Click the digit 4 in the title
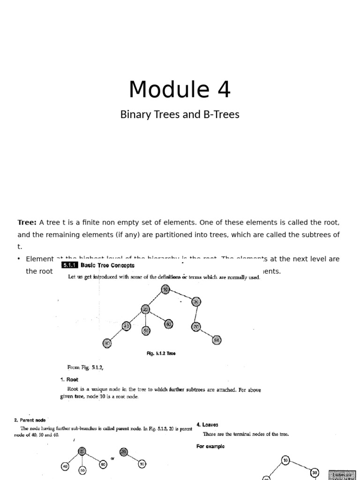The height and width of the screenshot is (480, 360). point(224,90)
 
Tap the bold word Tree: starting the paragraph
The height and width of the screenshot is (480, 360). point(27,222)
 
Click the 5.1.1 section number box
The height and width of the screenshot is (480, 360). point(69,265)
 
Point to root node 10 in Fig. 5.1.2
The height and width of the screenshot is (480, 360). point(165,290)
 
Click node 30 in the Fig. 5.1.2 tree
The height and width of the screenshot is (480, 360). point(196,302)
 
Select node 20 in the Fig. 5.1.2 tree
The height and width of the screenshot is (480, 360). point(146,309)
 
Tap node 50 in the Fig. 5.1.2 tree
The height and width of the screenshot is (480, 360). point(146,331)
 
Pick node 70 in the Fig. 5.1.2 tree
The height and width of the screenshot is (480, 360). point(196,326)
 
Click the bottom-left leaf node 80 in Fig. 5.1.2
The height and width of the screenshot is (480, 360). point(107,344)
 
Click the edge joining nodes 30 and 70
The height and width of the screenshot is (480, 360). point(196,315)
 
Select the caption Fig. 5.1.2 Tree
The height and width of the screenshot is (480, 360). point(161,354)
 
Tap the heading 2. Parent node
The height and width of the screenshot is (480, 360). point(30,420)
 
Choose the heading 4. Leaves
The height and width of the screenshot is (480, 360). point(207,425)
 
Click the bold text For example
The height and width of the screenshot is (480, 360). point(210,446)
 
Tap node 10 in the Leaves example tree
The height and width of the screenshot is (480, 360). point(286,461)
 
